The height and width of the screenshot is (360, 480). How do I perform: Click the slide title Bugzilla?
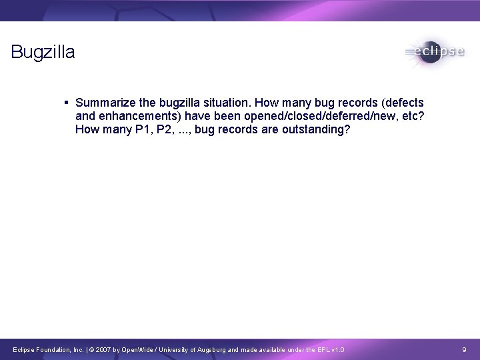[43, 52]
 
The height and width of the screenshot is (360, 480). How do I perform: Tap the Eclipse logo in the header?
[433, 52]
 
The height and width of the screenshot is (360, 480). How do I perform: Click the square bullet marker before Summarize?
[67, 103]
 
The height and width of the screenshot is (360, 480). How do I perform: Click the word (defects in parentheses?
[401, 103]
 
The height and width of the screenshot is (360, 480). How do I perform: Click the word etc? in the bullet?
[412, 116]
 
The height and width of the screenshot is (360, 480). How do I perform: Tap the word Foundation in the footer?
[51, 349]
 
